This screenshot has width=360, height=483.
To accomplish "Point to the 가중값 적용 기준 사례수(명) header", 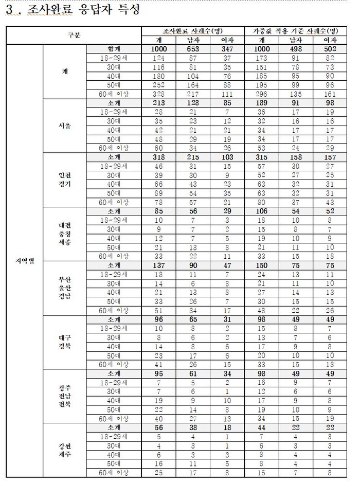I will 297,31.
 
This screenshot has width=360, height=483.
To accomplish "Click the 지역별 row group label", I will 24,261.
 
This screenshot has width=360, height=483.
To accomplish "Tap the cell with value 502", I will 330,48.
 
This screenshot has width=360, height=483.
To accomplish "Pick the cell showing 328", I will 158,94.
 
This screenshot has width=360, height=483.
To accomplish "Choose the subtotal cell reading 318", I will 158,157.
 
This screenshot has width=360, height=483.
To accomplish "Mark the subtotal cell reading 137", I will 158,265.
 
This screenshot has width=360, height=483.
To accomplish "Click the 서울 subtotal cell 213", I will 158,103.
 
